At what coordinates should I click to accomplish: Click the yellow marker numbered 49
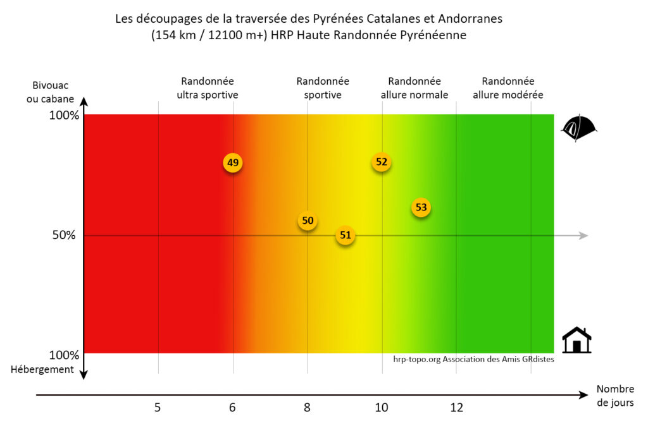[233, 162]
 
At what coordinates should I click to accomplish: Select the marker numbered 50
[308, 221]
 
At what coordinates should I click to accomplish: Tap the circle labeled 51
[345, 236]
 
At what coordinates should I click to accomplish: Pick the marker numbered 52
[381, 162]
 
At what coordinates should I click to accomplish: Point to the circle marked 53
[421, 207]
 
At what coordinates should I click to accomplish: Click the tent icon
[578, 128]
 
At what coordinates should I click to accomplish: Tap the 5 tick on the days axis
[158, 408]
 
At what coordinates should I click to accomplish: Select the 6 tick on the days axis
[232, 408]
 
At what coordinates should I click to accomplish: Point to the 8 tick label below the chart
[307, 408]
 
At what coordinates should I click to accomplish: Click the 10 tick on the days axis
[382, 408]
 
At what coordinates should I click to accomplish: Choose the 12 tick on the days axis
[456, 408]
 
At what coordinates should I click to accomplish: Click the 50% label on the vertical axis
[63, 235]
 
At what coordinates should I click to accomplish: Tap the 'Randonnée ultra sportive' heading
[208, 88]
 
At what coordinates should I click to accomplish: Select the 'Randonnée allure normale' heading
[414, 88]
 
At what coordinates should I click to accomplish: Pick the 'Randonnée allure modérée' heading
[508, 88]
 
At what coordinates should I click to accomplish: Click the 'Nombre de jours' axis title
[614, 396]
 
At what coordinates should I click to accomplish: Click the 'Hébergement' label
[42, 369]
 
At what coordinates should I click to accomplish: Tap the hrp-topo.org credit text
[473, 359]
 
